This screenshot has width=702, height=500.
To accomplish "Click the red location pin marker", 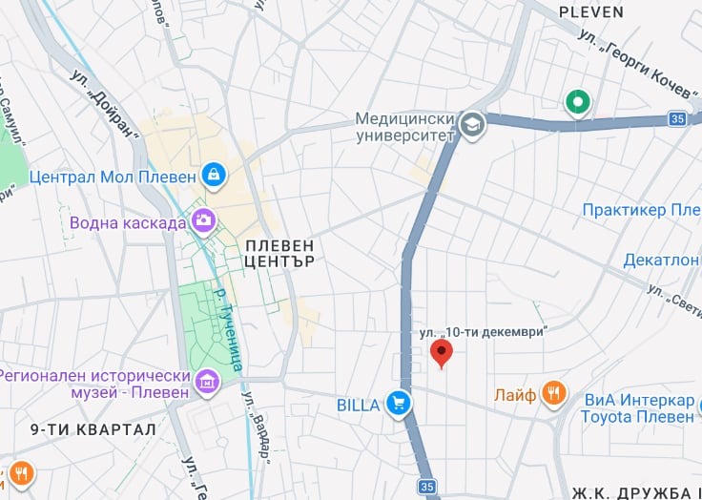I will tap(441, 352).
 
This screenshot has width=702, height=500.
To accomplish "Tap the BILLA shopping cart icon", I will tap(399, 405).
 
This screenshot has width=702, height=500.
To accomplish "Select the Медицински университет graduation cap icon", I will tap(471, 125).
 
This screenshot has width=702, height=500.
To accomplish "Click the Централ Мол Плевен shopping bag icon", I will tap(214, 175).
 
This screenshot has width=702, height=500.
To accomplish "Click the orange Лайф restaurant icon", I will tap(552, 392).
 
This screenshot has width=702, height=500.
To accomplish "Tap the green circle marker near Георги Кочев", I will tap(576, 101).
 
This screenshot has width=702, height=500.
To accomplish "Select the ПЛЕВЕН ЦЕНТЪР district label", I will tap(279, 253).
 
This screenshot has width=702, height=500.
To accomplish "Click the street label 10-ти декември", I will tap(485, 332).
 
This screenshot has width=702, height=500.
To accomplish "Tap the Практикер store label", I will tap(641, 210).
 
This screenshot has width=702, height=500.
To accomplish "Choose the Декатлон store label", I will tap(661, 260).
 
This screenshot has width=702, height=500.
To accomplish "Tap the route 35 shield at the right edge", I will tap(677, 119).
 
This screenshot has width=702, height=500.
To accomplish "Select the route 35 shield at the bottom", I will tap(425, 487).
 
